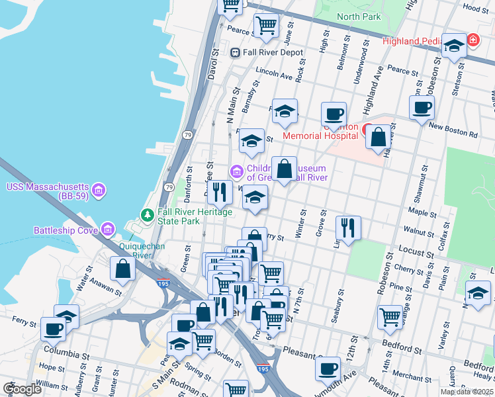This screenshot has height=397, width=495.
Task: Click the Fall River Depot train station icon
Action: [235, 52]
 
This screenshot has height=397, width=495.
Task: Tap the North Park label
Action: [359, 17]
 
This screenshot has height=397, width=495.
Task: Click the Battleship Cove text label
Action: [64, 230]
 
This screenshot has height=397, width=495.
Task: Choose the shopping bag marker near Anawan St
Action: [123, 269]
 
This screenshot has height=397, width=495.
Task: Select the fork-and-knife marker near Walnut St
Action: [348, 228]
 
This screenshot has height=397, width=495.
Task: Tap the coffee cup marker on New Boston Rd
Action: [422, 107]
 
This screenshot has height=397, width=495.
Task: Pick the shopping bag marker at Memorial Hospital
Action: [378, 138]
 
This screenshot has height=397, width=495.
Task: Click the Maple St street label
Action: [418, 212]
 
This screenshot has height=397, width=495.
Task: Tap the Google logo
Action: [22, 388]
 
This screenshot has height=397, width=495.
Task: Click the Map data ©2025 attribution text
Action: [466, 392]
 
